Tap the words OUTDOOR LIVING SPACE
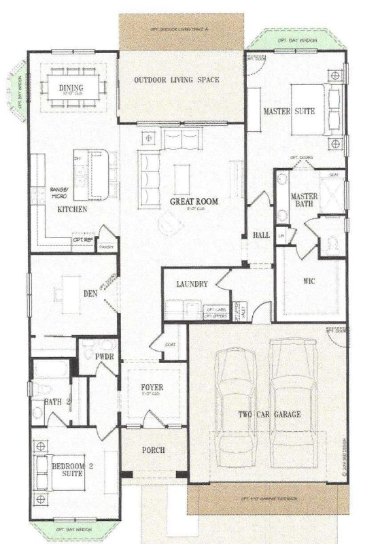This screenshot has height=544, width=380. pos(176,80)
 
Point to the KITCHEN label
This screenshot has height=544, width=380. pos(71,210)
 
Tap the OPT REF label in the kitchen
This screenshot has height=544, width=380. pos(83,240)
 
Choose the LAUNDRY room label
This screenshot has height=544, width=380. pos(191,284)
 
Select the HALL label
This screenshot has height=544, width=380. pos(260,235)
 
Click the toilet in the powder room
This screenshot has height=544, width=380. pos(87,352)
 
